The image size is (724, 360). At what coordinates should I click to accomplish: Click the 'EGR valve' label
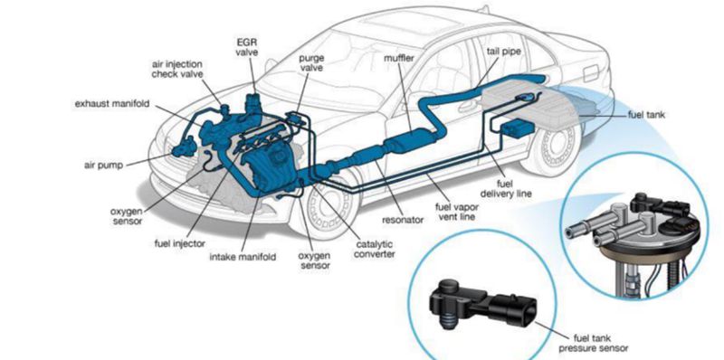[x=247, y=46]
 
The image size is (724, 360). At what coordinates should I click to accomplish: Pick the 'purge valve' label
[x=311, y=64]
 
